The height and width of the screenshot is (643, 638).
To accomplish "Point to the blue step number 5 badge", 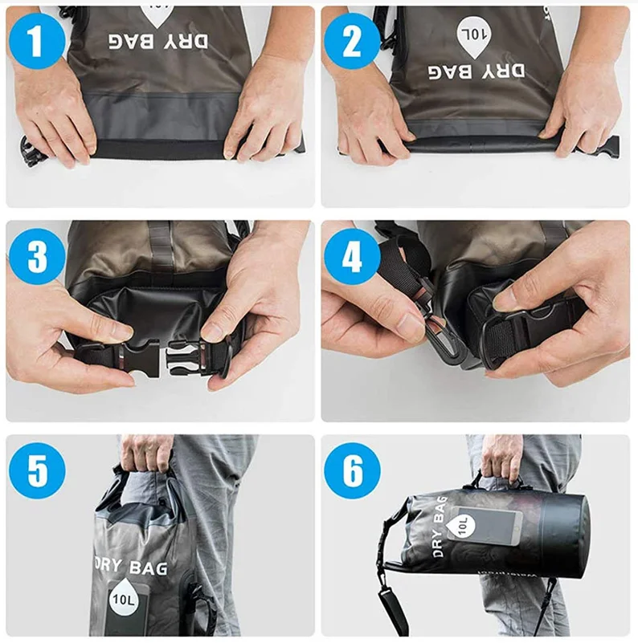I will tap(37, 470).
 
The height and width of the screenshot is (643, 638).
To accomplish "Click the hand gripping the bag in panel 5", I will tap(147, 452).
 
